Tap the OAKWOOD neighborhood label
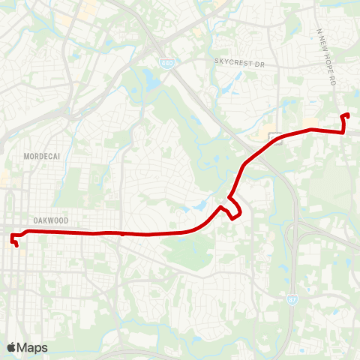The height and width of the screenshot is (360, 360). pyautogui.click(x=51, y=220)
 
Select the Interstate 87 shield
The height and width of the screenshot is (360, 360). pyautogui.click(x=291, y=300)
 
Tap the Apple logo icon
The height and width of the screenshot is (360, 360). pyautogui.click(x=11, y=347)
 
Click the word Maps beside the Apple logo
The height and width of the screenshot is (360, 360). pyautogui.click(x=32, y=347)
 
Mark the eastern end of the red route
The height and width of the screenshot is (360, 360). pyautogui.click(x=349, y=114)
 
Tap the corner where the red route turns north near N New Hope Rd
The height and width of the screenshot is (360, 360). pyautogui.click(x=343, y=133)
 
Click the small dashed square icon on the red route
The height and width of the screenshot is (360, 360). pyautogui.click(x=276, y=139)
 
